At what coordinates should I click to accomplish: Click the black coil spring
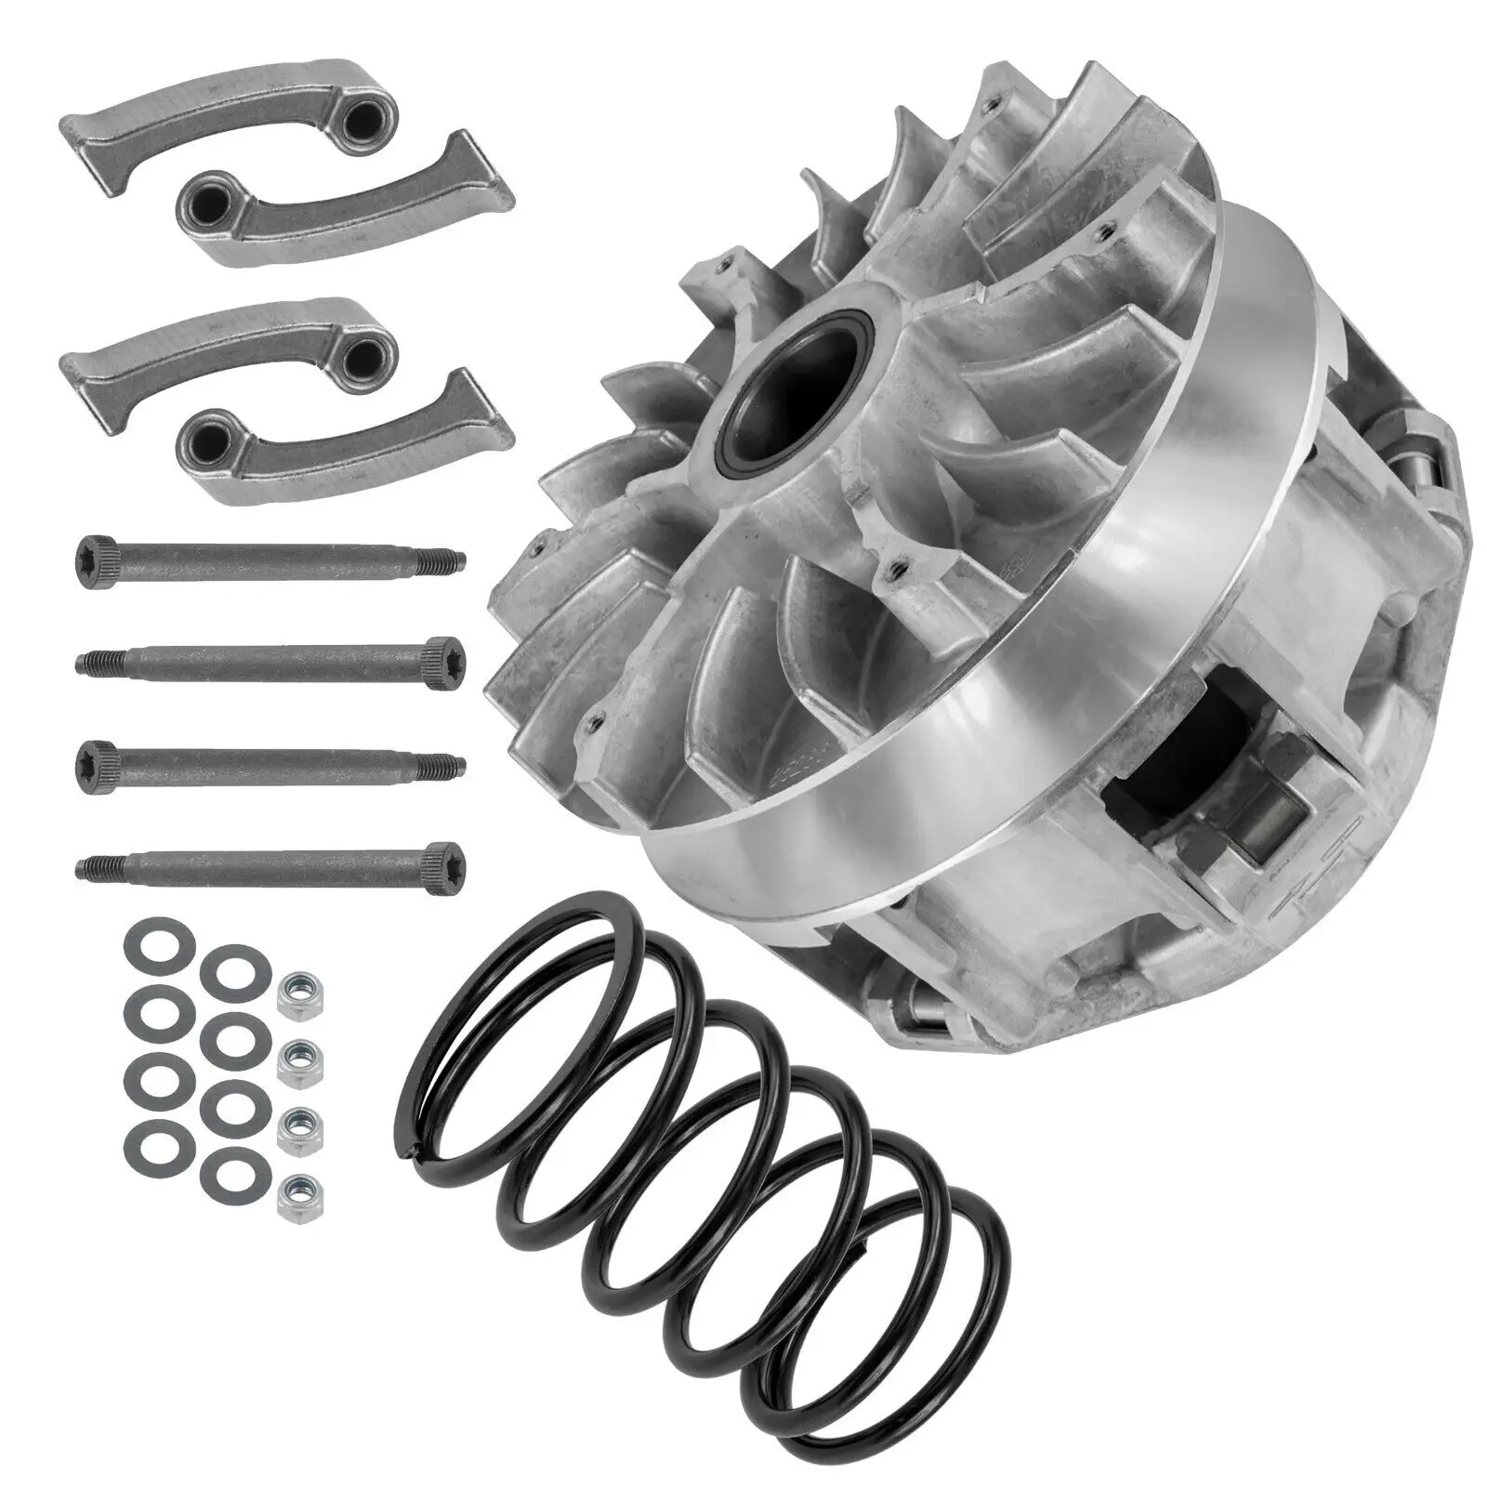pos(706,1143)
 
